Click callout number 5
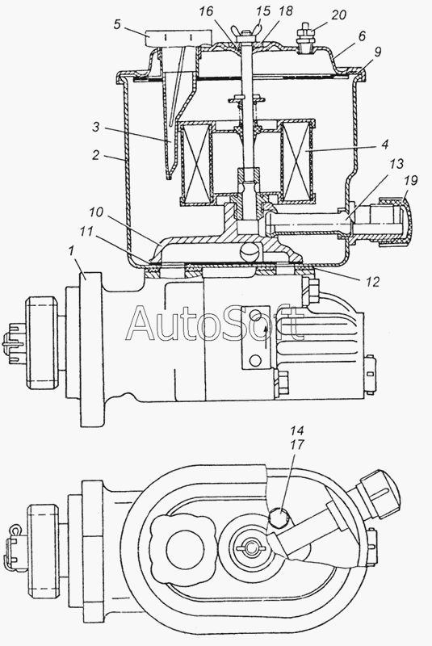(117, 25)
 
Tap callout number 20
(338, 15)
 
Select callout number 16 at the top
(206, 11)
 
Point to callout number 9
(378, 52)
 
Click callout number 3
(95, 128)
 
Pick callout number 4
(384, 145)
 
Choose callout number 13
(396, 164)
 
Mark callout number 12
(372, 282)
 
